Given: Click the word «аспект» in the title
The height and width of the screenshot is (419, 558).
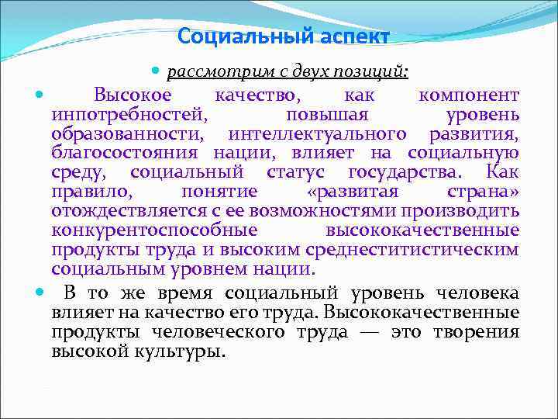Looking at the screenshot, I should pos(346,36).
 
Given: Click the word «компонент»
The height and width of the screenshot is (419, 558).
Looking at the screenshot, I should pos(468,95).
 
